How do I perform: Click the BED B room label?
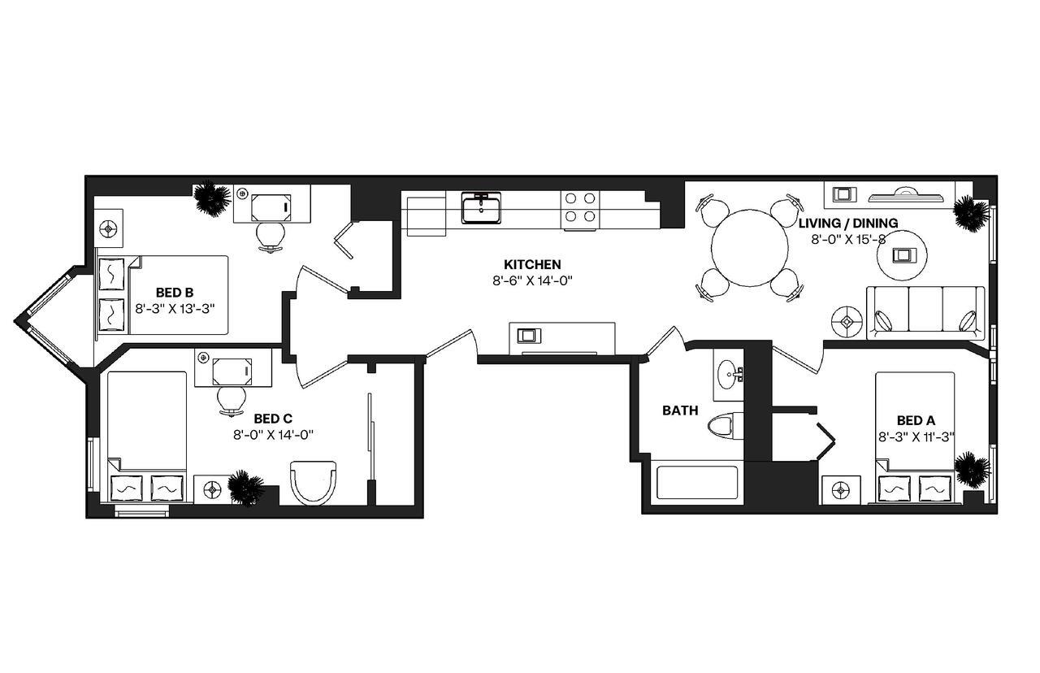click(174, 292)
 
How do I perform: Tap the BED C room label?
click(272, 418)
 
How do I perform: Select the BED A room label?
click(916, 420)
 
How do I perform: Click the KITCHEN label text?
click(532, 264)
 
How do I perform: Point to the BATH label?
click(680, 410)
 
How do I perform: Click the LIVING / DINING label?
click(847, 223)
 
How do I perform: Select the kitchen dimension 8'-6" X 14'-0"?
click(532, 280)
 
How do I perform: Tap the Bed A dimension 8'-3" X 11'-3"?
click(916, 436)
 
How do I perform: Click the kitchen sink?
click(481, 207)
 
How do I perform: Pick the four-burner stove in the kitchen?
click(581, 206)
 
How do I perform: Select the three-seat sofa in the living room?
click(925, 311)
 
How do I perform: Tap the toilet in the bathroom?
click(722, 427)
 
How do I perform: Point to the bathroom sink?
click(729, 375)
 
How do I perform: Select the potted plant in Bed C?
click(245, 488)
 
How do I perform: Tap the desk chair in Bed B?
click(271, 234)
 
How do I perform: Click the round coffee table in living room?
click(903, 255)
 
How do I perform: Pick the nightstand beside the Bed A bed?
click(841, 490)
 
